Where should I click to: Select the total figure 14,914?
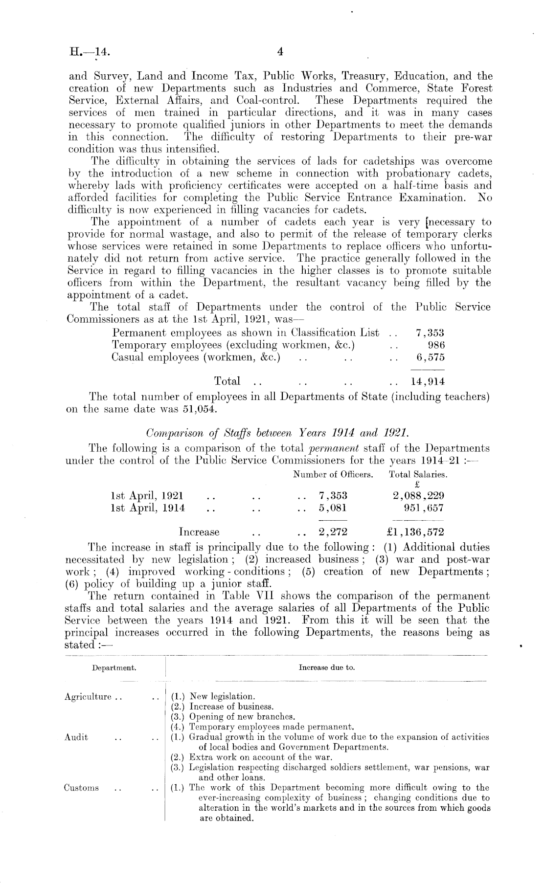point(430,381)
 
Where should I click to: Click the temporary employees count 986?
point(436,345)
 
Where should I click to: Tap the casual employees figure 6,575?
point(431,357)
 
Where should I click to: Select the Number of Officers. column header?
point(333,474)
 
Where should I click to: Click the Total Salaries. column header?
point(418,474)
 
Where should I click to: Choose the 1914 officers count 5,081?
point(333,508)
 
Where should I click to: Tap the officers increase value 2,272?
point(333,532)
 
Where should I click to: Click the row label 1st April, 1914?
point(149,508)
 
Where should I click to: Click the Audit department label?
point(76,737)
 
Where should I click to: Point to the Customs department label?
point(82,788)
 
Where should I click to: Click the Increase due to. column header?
point(327,667)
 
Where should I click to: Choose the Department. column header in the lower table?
point(114,667)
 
